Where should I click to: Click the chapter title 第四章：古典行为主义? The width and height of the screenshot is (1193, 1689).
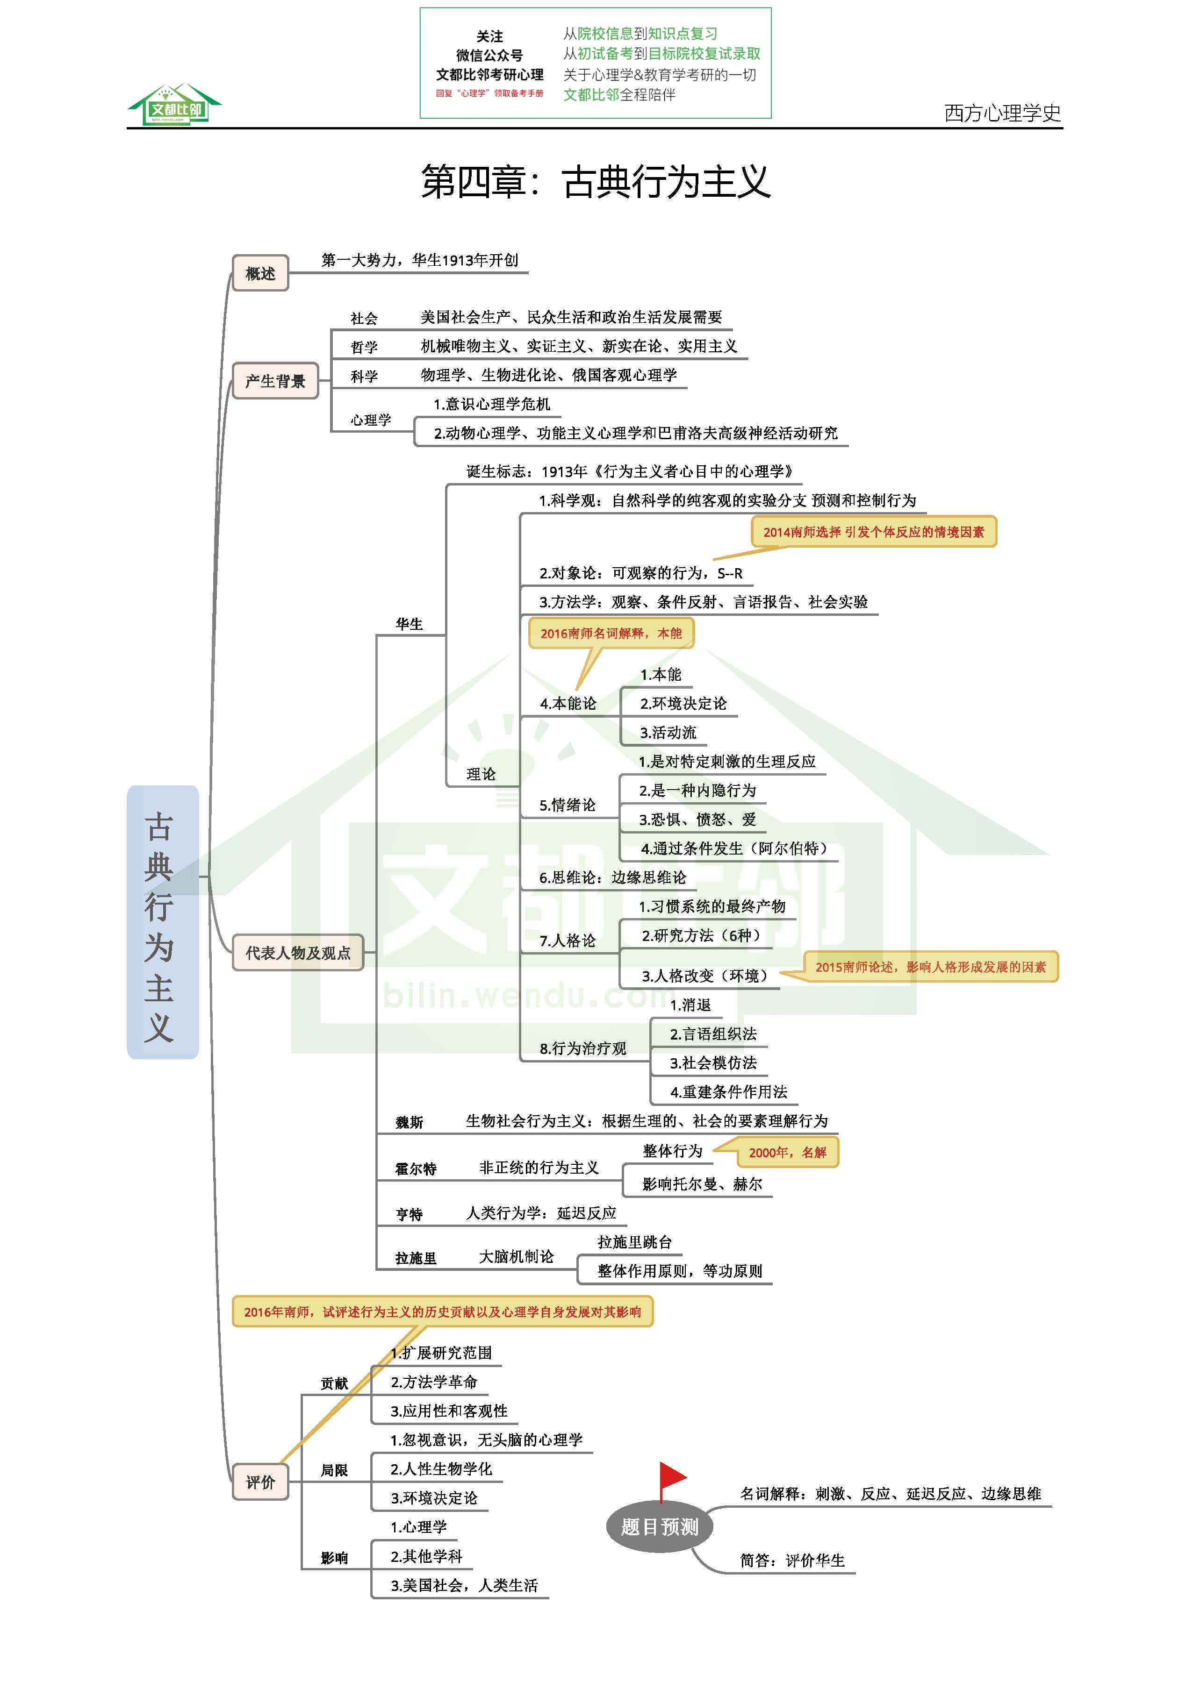click(596, 182)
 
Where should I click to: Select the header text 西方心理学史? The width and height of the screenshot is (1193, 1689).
click(1002, 113)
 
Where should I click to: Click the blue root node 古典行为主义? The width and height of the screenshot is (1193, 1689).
click(163, 922)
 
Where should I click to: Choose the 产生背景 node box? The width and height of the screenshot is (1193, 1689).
click(275, 381)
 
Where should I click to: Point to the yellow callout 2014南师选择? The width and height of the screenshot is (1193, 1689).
click(874, 532)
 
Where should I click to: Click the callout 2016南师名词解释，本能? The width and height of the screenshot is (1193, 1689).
click(611, 634)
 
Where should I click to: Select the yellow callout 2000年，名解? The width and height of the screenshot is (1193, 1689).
click(788, 1152)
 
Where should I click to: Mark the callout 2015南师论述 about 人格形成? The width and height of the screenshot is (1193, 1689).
click(930, 967)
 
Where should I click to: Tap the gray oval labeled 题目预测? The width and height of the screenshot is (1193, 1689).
click(660, 1527)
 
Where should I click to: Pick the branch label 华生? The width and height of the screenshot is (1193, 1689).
click(409, 624)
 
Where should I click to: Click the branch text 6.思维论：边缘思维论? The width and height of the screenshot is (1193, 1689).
click(612, 877)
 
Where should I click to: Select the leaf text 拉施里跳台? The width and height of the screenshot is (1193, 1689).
click(634, 1242)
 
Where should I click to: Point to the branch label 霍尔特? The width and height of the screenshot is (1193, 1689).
click(416, 1169)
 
